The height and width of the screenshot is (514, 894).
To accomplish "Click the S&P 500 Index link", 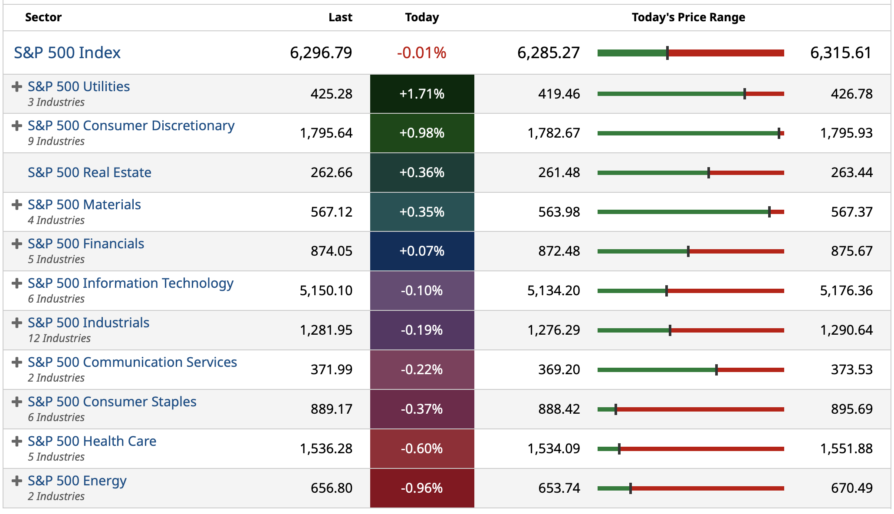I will (67, 53).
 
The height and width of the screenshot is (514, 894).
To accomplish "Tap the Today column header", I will (422, 17).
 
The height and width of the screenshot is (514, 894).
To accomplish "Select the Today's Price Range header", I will (688, 17).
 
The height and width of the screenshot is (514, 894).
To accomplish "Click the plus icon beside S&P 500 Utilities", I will (17, 87).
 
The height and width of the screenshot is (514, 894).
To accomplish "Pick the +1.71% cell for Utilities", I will (422, 94).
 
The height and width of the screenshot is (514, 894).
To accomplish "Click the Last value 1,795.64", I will (326, 133).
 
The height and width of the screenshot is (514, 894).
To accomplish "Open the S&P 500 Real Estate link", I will (89, 173).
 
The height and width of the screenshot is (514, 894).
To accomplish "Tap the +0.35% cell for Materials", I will (422, 212).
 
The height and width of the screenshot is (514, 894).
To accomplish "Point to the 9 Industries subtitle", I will (56, 142).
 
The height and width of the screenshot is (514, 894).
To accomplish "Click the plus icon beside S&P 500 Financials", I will (17, 244).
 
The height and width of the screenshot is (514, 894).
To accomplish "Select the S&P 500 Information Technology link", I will (131, 283).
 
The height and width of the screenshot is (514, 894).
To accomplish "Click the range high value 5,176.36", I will (846, 291).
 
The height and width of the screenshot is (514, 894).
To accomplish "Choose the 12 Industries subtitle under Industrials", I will (59, 339).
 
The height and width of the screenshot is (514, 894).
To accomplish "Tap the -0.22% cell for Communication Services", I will (422, 370).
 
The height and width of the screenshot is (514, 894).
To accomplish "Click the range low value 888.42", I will (559, 409).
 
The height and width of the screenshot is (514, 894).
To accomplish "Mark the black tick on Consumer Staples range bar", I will (616, 409).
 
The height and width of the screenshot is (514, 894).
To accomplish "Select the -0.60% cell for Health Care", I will (422, 449).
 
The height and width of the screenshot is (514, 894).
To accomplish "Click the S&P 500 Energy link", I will (77, 481).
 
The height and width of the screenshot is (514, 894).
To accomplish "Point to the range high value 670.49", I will (851, 488).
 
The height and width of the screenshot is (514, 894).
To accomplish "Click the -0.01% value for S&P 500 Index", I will (421, 53).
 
